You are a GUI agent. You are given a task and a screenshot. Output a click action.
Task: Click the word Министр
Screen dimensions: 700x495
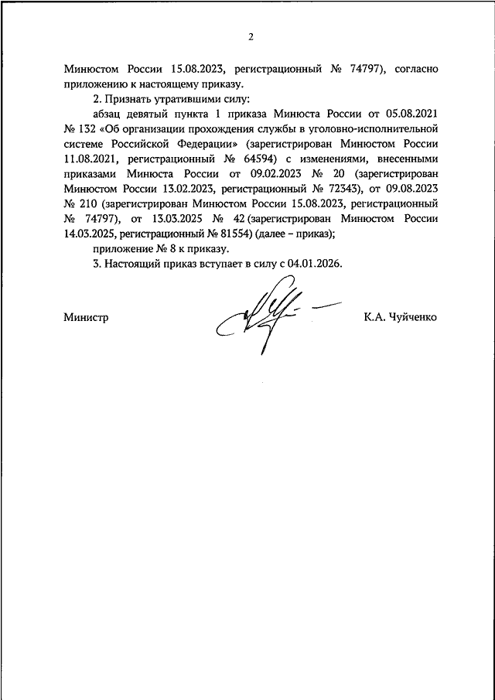tap(86, 317)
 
